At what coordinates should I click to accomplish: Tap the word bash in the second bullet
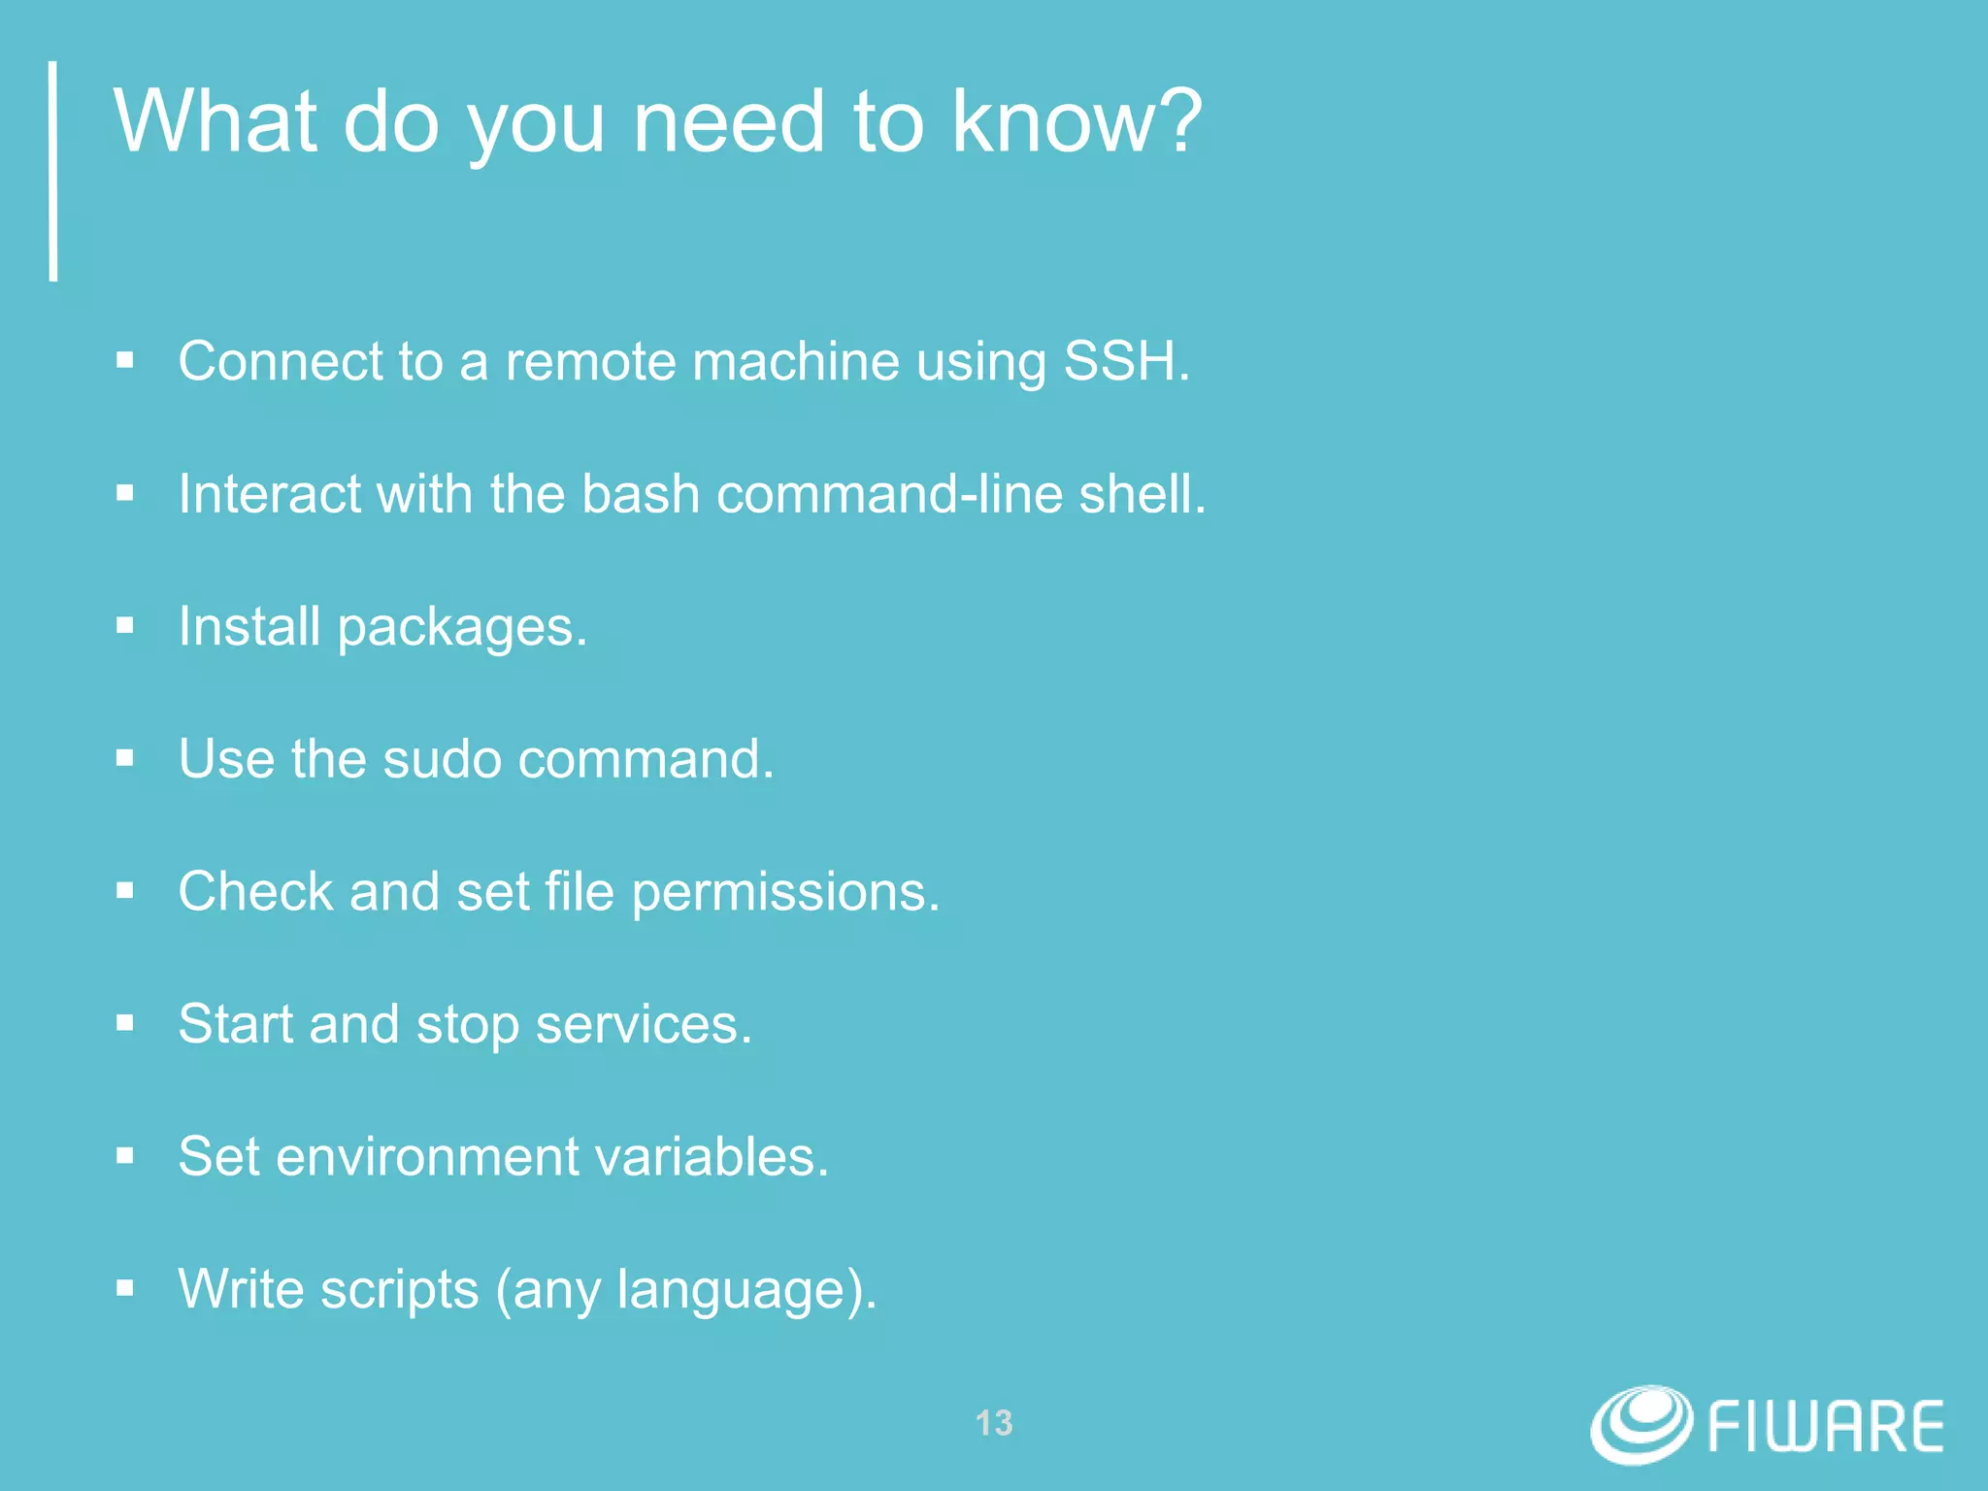tap(640, 494)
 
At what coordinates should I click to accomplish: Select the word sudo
tap(442, 759)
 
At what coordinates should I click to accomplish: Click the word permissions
tap(784, 893)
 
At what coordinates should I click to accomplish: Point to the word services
tap(642, 1025)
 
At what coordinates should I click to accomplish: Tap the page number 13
tap(994, 1423)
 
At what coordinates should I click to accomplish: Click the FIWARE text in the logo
tap(1825, 1427)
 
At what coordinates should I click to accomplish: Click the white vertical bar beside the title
tap(53, 171)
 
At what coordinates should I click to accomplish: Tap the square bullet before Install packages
tap(124, 626)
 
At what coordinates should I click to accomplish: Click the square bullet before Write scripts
tap(124, 1289)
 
